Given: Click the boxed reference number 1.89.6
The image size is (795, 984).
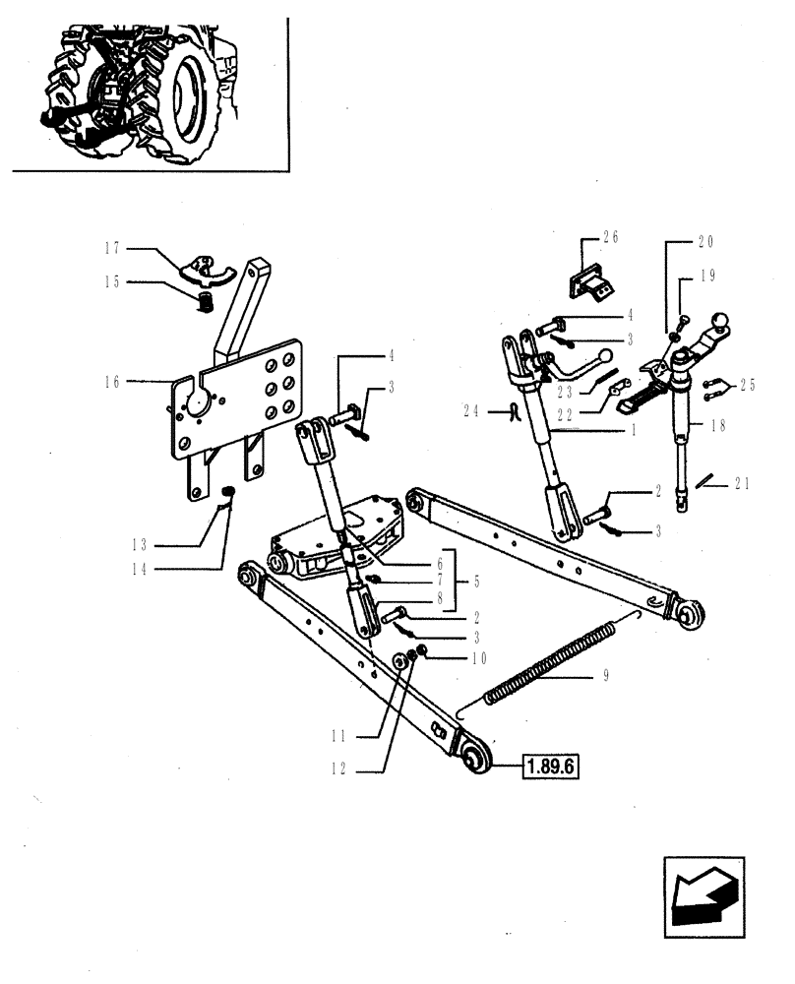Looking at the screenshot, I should [x=546, y=765].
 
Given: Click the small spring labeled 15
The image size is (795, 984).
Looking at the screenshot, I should [x=206, y=301].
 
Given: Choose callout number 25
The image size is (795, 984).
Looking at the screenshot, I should [x=749, y=386].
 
